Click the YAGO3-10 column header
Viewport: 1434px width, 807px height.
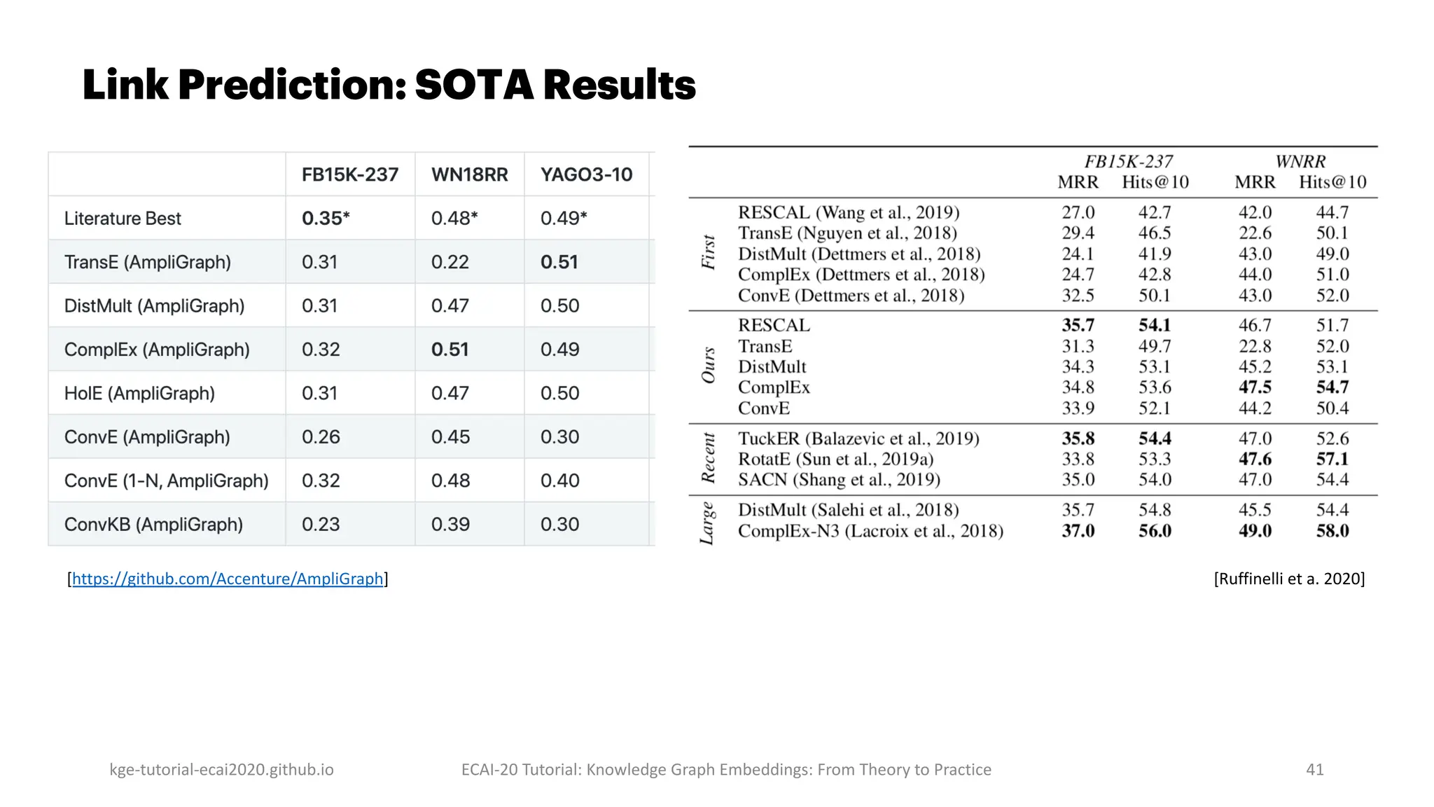click(586, 174)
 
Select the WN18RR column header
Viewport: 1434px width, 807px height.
click(469, 174)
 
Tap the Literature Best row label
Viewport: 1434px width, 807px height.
click(123, 219)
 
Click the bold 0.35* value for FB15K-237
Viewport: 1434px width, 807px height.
click(326, 219)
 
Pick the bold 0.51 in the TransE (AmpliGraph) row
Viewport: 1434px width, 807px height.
click(559, 262)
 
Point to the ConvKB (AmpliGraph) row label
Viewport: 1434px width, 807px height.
click(153, 524)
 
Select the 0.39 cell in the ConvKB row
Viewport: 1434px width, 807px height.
click(450, 524)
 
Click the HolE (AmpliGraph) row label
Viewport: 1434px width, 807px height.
click(139, 393)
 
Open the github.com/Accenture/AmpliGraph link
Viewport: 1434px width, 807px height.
click(228, 579)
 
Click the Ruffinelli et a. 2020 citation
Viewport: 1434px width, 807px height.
click(1289, 579)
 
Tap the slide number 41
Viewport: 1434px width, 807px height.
click(1314, 769)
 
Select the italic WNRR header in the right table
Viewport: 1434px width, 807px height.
click(1300, 162)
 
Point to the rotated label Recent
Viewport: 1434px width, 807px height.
click(709, 458)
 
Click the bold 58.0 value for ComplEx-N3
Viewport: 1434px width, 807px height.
click(1332, 531)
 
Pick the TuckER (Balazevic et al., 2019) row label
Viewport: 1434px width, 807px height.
click(858, 439)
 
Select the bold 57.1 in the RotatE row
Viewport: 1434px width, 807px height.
click(1332, 459)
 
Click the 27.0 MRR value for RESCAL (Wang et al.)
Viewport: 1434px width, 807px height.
click(1078, 212)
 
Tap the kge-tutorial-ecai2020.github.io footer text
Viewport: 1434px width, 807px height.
click(221, 769)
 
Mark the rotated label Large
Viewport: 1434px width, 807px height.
click(707, 523)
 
